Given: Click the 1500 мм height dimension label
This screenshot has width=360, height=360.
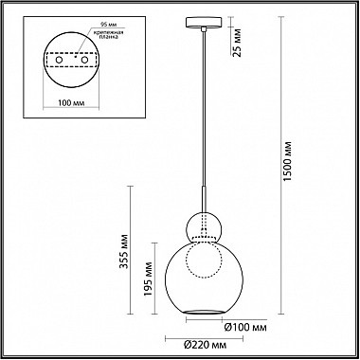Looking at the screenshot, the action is (x=288, y=161).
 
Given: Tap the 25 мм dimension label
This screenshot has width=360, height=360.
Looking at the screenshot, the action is (x=237, y=43).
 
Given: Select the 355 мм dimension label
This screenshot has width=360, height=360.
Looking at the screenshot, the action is (x=124, y=251).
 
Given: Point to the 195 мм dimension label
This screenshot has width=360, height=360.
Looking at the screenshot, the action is (x=148, y=279).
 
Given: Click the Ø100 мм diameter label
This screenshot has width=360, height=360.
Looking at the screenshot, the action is (x=245, y=328).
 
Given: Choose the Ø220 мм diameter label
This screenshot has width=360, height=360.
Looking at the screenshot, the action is (x=205, y=345).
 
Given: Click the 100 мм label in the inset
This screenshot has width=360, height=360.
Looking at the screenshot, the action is (x=71, y=103).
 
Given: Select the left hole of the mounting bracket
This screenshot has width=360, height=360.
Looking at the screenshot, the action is (x=59, y=60).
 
